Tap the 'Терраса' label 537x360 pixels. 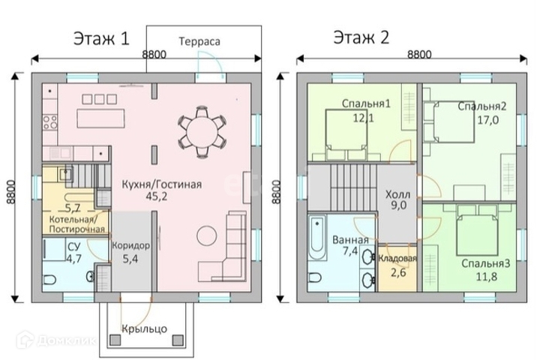coord(199,42)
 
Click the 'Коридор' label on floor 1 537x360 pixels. coord(130,245)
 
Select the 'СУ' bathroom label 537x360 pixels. coord(53,244)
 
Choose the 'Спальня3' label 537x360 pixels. coord(486,264)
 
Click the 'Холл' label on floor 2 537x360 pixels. coord(397,194)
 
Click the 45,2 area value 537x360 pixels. coord(155,199)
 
